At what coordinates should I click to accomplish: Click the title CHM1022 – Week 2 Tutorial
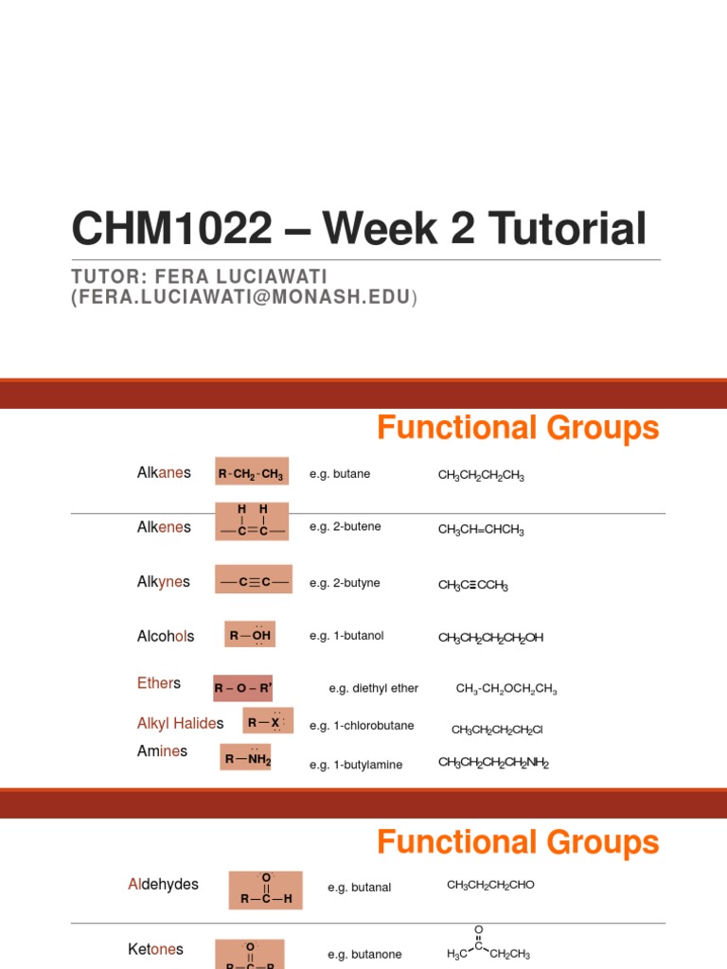[x=359, y=230]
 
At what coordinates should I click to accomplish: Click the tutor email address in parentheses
[x=244, y=297]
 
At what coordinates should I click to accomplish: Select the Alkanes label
[x=164, y=472]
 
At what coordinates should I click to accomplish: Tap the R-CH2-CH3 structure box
[x=251, y=472]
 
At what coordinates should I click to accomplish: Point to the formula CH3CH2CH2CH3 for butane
[x=481, y=476]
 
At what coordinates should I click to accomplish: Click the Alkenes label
[x=164, y=527]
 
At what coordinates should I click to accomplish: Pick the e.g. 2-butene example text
[x=345, y=526]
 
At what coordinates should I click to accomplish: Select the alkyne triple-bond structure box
[x=253, y=580]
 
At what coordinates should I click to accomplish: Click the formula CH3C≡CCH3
[x=473, y=586]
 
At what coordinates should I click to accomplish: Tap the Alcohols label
[x=166, y=636]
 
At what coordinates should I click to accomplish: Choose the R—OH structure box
[x=250, y=634]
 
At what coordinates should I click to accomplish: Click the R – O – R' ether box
[x=242, y=688]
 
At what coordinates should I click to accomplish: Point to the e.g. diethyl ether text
[x=373, y=688]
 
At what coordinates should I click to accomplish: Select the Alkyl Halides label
[x=181, y=723]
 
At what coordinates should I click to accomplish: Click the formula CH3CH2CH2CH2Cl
[x=497, y=730]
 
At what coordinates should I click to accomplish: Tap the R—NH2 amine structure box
[x=245, y=757]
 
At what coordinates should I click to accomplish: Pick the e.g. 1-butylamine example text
[x=356, y=765]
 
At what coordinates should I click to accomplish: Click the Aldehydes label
[x=163, y=884]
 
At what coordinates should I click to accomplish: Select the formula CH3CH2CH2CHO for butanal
[x=490, y=885]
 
